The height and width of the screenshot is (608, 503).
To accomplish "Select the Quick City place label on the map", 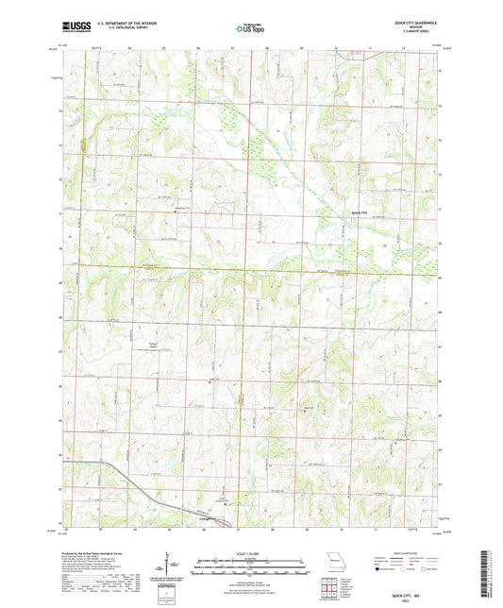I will [x=360, y=213].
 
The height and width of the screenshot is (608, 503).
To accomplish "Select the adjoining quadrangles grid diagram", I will [x=330, y=589].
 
